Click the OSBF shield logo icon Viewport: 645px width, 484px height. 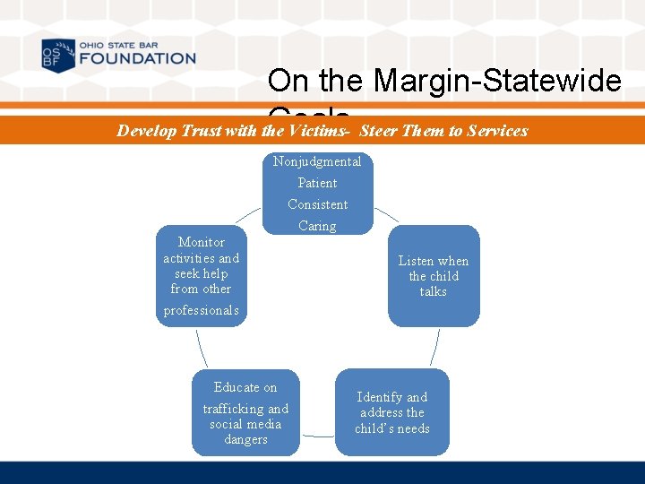point(58,56)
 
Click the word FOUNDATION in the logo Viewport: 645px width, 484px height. point(136,59)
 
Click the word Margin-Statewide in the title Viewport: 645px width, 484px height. point(497,82)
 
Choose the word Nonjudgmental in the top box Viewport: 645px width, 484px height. point(317,161)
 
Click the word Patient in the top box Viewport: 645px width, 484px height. point(317,183)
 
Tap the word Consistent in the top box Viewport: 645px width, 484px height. point(317,204)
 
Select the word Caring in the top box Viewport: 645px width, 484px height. point(317,226)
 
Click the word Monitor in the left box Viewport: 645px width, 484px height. point(202,242)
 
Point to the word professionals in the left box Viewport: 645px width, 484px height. point(202,310)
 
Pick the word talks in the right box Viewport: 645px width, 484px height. point(434,291)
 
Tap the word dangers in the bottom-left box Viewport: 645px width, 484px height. point(245,439)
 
